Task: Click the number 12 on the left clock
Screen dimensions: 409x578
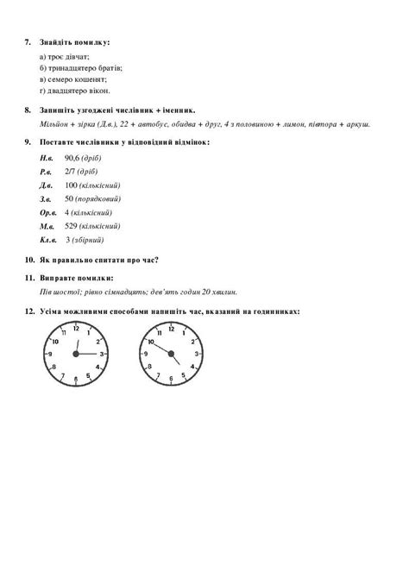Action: (x=76, y=329)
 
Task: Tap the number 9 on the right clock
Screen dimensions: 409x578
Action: (x=146, y=354)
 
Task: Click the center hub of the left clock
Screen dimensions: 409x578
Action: (x=76, y=354)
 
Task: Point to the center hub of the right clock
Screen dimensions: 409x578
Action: (x=170, y=354)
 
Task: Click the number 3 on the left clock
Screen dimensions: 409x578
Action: (x=102, y=354)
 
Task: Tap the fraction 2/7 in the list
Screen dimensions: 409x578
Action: (x=70, y=173)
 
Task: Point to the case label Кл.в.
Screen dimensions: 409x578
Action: (x=48, y=239)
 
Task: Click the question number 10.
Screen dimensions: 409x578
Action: (x=28, y=260)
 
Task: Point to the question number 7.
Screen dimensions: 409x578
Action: (x=28, y=41)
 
